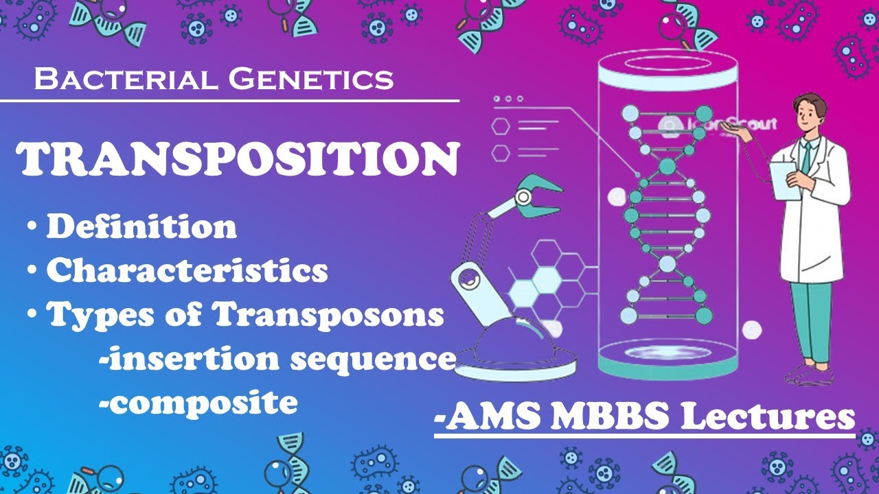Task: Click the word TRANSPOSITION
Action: coord(238,159)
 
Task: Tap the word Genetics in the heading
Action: coord(312,79)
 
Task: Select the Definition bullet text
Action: coord(141,227)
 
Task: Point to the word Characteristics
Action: coord(187,271)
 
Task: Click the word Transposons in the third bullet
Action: coord(328,315)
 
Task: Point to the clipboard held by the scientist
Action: coord(784,180)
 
